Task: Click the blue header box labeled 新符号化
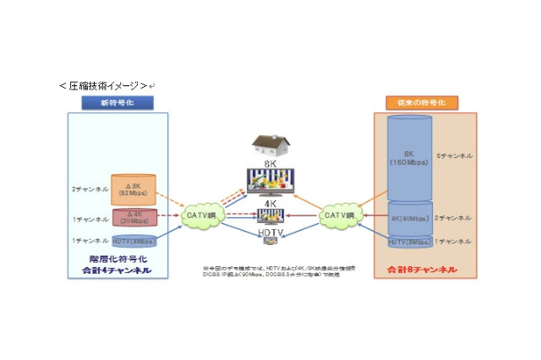pyautogui.click(x=117, y=102)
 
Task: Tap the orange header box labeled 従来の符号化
pyautogui.click(x=426, y=102)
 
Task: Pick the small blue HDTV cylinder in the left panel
pyautogui.click(x=134, y=241)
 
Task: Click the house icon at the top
pyautogui.click(x=271, y=145)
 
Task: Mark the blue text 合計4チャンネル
pyautogui.click(x=117, y=270)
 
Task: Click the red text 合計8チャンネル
pyautogui.click(x=423, y=270)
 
